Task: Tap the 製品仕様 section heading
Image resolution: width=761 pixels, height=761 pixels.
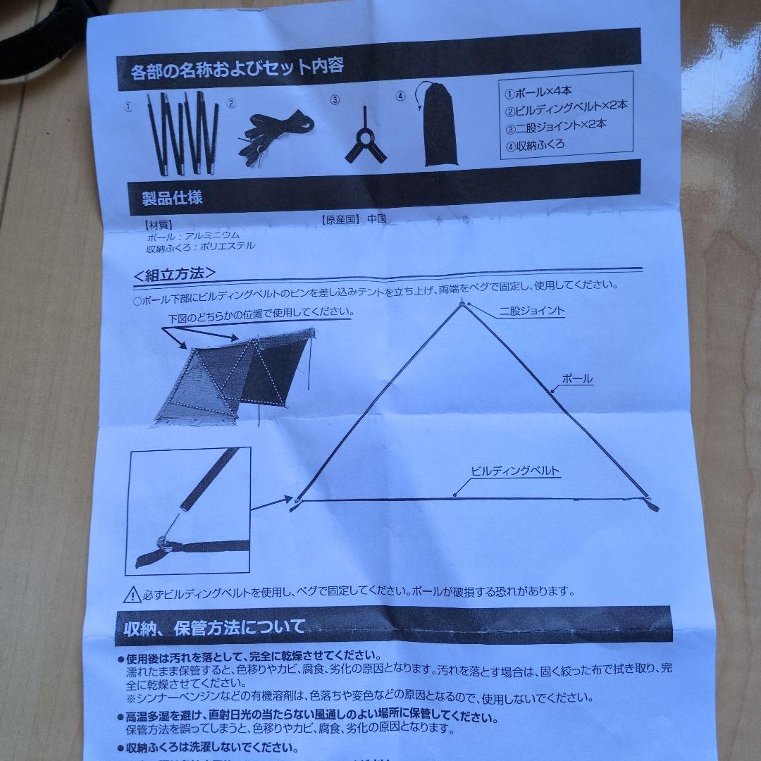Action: click(x=167, y=198)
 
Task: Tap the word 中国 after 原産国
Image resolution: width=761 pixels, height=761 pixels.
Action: click(x=376, y=218)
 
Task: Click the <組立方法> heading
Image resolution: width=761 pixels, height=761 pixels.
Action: click(x=174, y=274)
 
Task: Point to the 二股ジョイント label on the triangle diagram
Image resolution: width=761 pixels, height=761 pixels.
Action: click(x=532, y=310)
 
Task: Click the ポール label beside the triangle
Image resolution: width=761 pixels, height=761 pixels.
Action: click(x=577, y=379)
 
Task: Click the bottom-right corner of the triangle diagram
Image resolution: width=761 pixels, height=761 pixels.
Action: click(x=651, y=505)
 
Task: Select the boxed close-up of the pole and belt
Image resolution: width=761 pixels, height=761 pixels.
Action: click(x=188, y=511)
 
